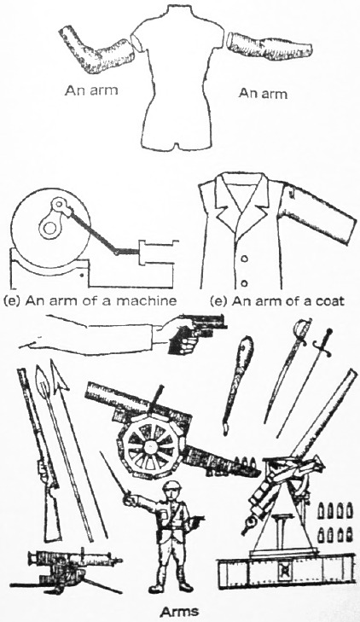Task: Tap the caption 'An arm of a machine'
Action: [x=90, y=300]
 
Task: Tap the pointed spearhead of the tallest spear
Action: [x=57, y=375]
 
